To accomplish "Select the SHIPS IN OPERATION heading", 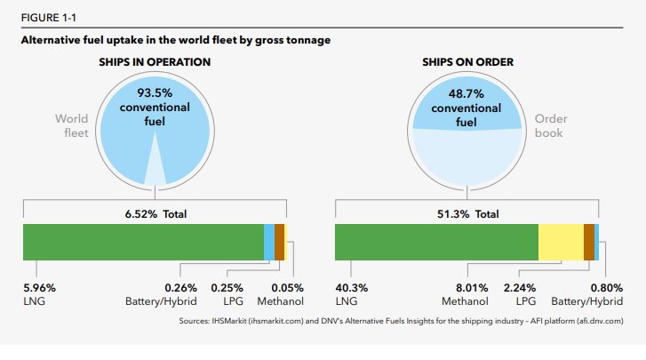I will pyautogui.click(x=155, y=62).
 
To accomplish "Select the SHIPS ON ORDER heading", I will pyautogui.click(x=466, y=62).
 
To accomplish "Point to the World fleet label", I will pyautogui.click(x=72, y=125).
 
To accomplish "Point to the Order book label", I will pyautogui.click(x=551, y=125).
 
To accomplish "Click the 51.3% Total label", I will pyautogui.click(x=467, y=214).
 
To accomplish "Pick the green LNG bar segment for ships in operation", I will pyautogui.click(x=142, y=242).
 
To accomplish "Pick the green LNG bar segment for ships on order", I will pyautogui.click(x=435, y=242).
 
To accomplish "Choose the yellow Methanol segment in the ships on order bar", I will pyautogui.click(x=560, y=242).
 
